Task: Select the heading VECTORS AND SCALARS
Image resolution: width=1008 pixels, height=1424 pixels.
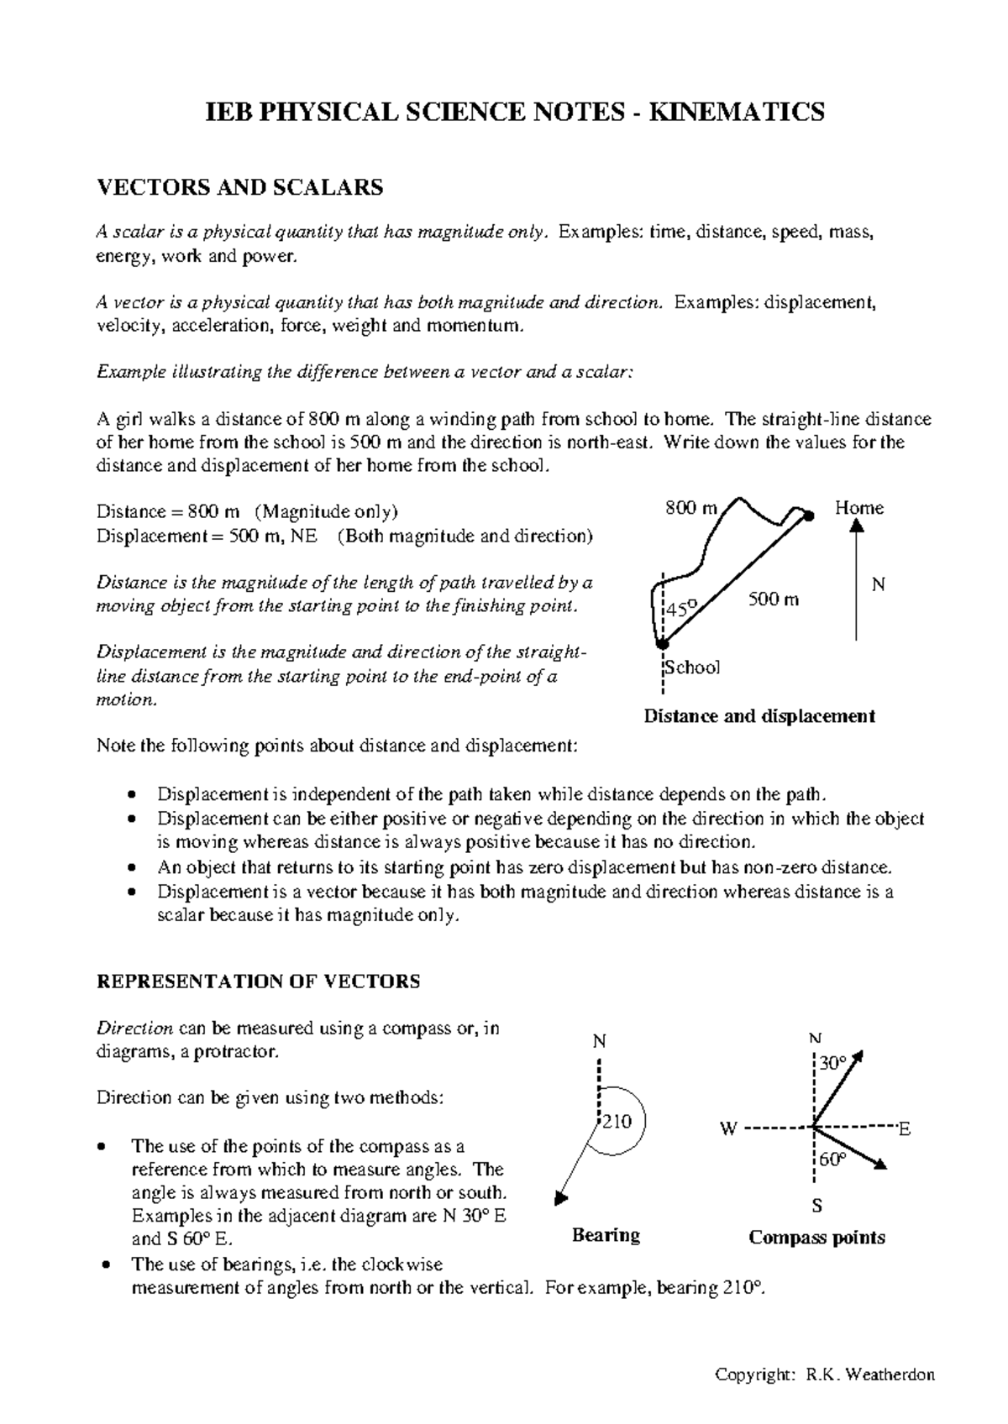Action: pos(240,187)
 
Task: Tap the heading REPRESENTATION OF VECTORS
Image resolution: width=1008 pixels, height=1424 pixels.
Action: pos(259,982)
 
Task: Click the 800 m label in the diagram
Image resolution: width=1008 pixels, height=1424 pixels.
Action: pos(691,508)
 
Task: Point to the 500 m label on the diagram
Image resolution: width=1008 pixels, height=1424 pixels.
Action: pos(773,599)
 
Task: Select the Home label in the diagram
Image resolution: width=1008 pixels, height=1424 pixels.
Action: pos(858,508)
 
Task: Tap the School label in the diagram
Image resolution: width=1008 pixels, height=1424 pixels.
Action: pos(693,667)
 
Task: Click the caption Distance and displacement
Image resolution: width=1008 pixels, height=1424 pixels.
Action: pos(759,716)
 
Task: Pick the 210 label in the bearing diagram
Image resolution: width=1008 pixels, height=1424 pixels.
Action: pos(617,1122)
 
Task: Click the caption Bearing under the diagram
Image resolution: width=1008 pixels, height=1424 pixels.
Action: pos(606,1235)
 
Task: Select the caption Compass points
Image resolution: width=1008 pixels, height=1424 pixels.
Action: pos(816,1238)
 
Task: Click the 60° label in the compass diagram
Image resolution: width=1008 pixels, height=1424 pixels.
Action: pos(832,1160)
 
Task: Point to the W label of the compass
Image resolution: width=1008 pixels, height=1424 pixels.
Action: pos(727,1129)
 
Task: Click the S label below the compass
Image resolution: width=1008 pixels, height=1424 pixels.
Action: pos(816,1207)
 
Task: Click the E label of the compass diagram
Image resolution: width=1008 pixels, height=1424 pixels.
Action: pos(905,1130)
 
